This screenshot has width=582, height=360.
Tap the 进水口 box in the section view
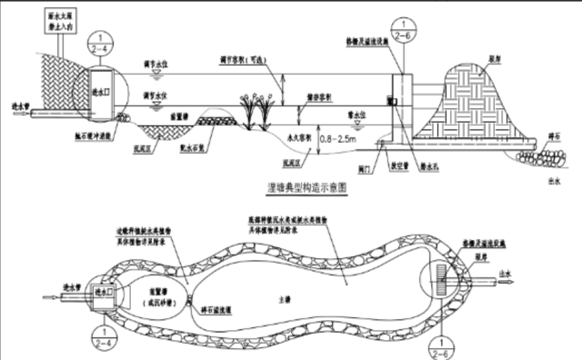pos(101,91)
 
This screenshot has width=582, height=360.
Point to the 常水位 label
pos(357,117)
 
